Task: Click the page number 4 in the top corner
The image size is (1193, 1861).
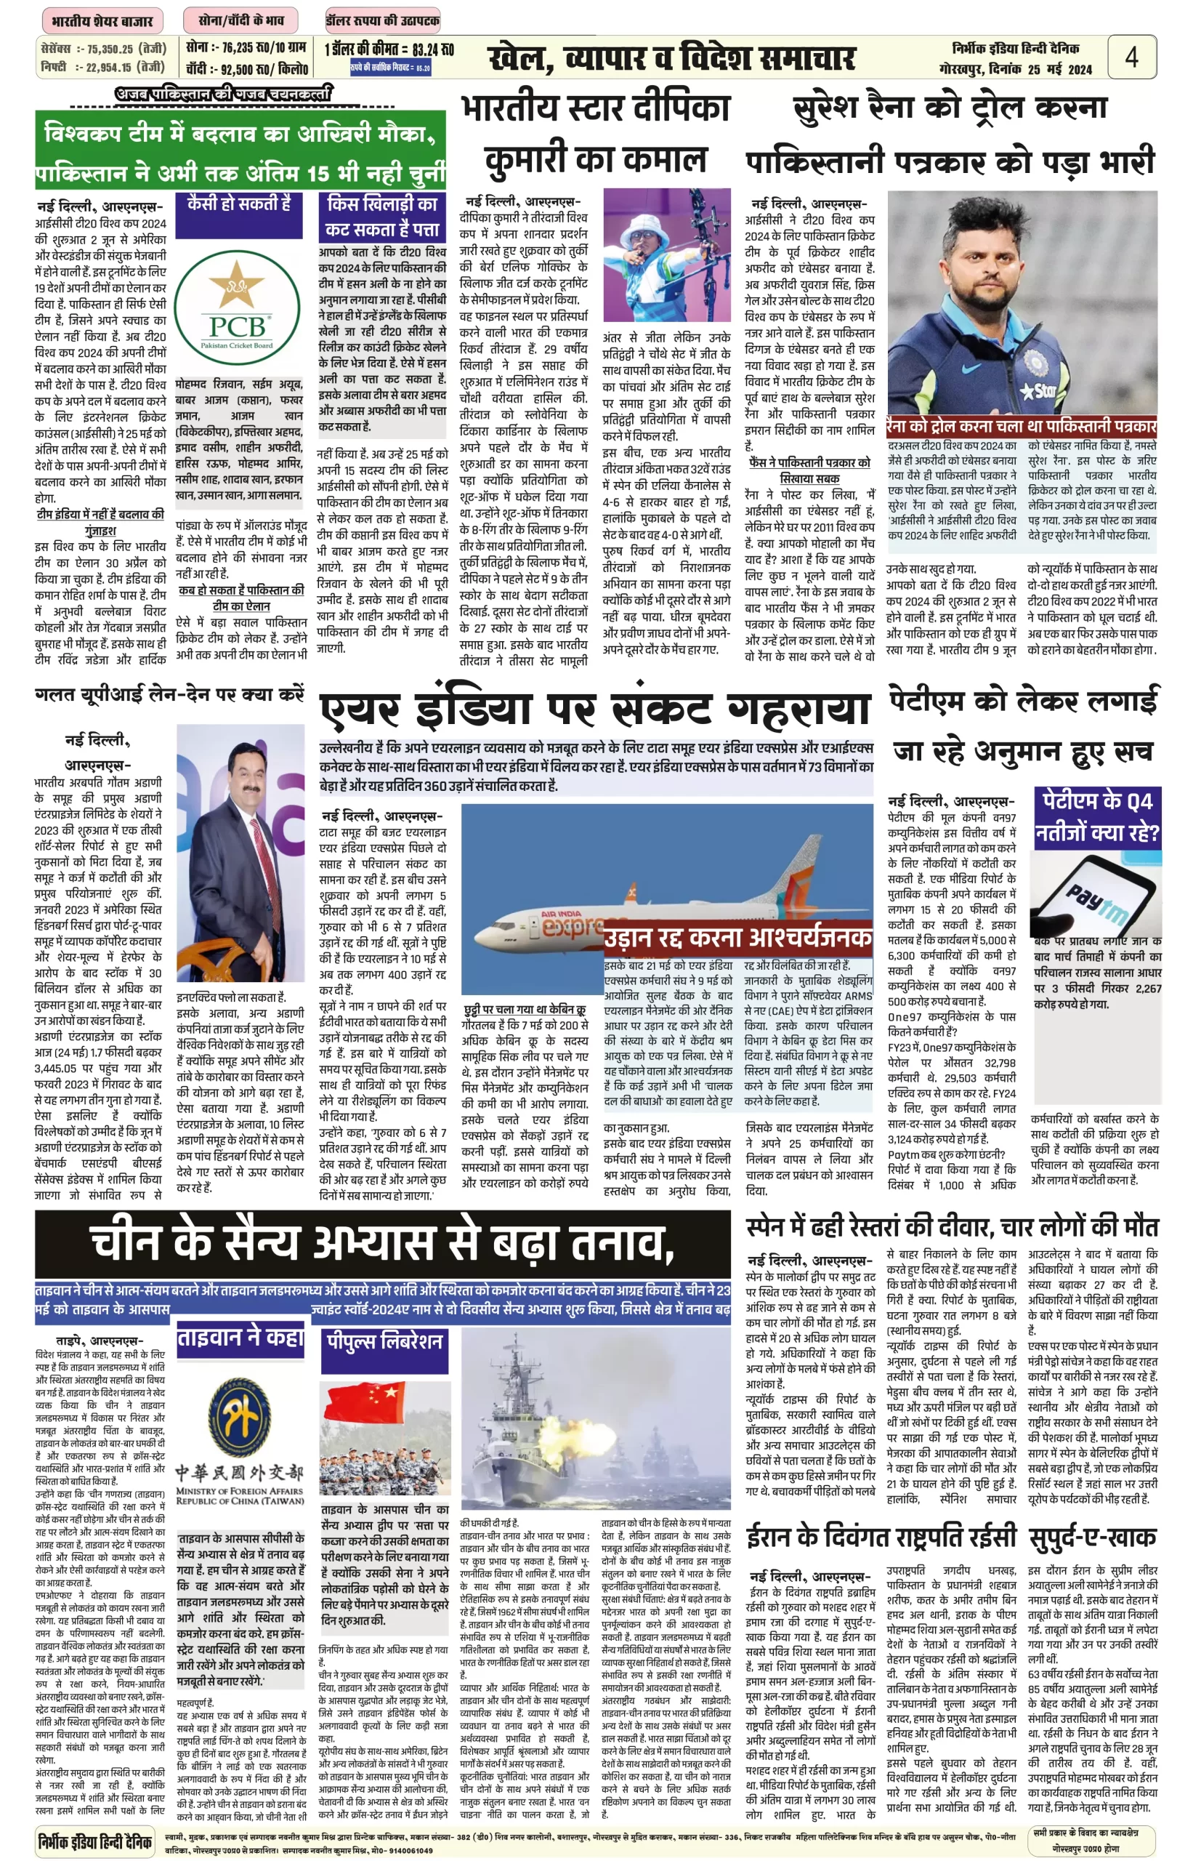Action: [1131, 57]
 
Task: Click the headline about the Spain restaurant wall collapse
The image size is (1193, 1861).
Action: [951, 1227]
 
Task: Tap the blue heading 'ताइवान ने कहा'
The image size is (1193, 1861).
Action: [240, 1338]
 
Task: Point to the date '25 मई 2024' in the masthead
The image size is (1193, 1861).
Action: [1059, 69]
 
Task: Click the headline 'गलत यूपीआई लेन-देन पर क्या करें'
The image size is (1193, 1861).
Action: [171, 694]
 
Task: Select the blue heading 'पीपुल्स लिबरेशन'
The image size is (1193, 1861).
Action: [384, 1341]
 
